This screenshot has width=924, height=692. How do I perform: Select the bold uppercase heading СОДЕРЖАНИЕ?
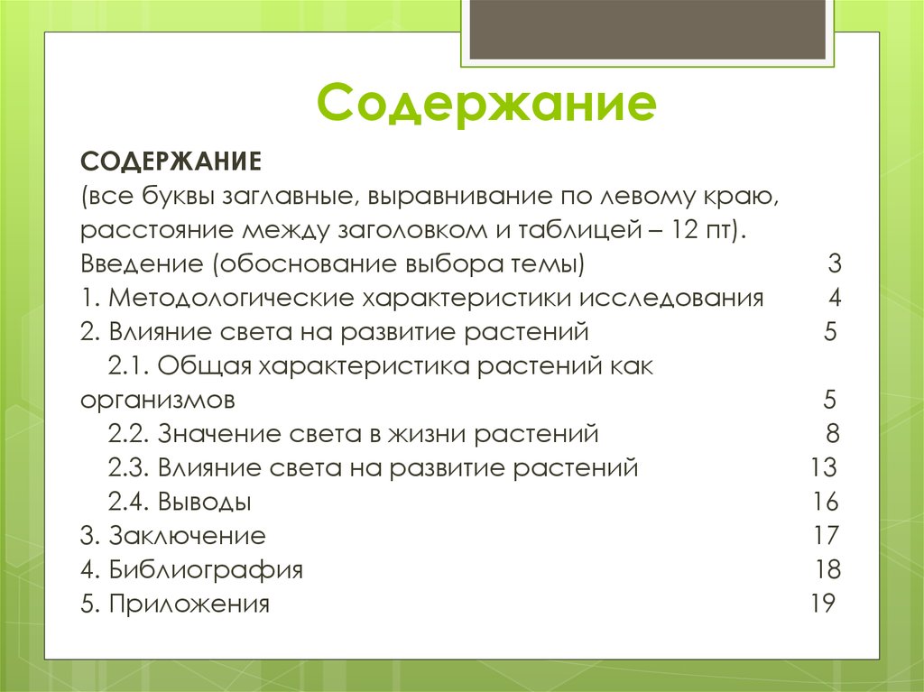pyautogui.click(x=171, y=162)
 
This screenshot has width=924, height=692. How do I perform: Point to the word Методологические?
pyautogui.click(x=233, y=299)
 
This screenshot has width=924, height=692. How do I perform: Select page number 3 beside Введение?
pyautogui.click(x=834, y=265)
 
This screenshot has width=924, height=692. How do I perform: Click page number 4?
pyautogui.click(x=835, y=299)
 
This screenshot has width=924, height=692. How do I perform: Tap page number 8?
pyautogui.click(x=832, y=434)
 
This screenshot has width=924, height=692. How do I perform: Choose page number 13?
pyautogui.click(x=824, y=468)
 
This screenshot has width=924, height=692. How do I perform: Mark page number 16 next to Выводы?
pyautogui.click(x=825, y=503)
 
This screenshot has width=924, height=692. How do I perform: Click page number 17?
pyautogui.click(x=826, y=536)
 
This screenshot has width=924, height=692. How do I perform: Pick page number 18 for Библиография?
pyautogui.click(x=827, y=570)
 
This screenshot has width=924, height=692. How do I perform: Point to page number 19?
pyautogui.click(x=822, y=604)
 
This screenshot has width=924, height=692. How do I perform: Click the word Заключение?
pyautogui.click(x=187, y=536)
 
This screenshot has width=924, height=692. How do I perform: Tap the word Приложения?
pyautogui.click(x=189, y=604)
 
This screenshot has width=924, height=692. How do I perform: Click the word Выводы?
pyautogui.click(x=204, y=503)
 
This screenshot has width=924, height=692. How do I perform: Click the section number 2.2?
pyautogui.click(x=127, y=434)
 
